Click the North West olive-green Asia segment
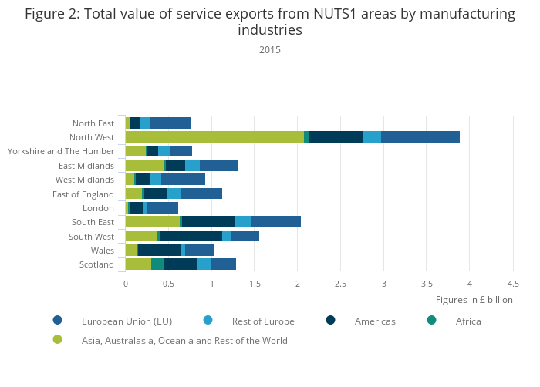pyautogui.click(x=214, y=137)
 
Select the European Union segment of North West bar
pyautogui.click(x=420, y=137)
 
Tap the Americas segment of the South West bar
pyautogui.click(x=191, y=236)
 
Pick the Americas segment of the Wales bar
pyautogui.click(x=160, y=250)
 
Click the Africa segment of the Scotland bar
pyautogui.click(x=157, y=264)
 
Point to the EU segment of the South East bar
pyautogui.click(x=275, y=222)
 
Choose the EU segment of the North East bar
pyautogui.click(x=170, y=123)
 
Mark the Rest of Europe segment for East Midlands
pyautogui.click(x=192, y=166)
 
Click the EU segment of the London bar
pyautogui.click(x=162, y=208)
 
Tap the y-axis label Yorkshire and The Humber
pyautogui.click(x=61, y=151)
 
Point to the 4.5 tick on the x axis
pyautogui.click(x=513, y=284)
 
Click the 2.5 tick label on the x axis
pyautogui.click(x=341, y=284)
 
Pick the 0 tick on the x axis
pyautogui.click(x=126, y=284)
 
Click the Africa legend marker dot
pyautogui.click(x=431, y=321)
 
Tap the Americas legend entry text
pyautogui.click(x=375, y=321)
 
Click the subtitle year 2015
pyautogui.click(x=270, y=50)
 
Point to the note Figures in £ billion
pyautogui.click(x=474, y=300)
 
